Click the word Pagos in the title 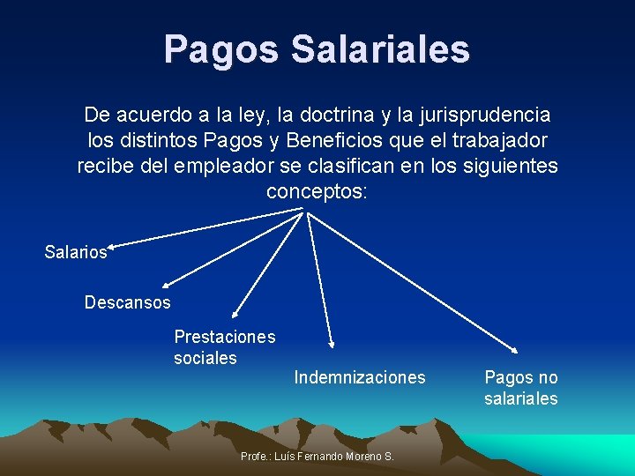point(220,49)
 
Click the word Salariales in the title point(380,49)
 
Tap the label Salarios point(76,252)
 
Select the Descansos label point(128,302)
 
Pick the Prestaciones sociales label point(224,347)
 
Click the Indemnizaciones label point(360,377)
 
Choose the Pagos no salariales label point(521,388)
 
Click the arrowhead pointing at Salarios point(116,246)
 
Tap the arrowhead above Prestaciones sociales point(235,312)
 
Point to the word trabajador point(499,140)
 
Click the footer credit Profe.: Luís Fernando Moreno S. point(317,456)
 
